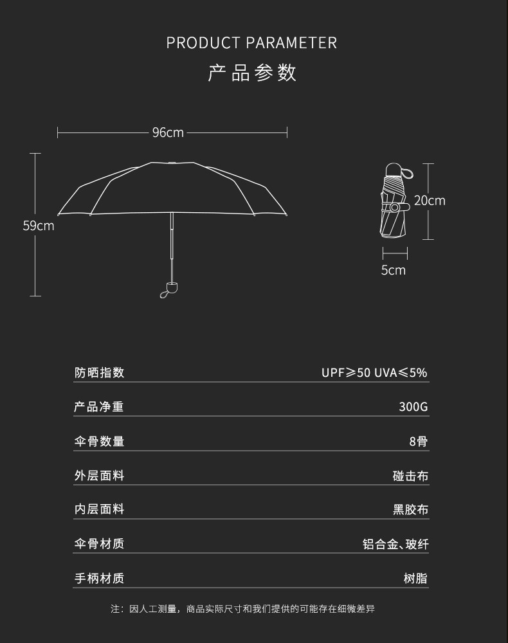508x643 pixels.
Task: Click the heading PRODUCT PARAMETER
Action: click(x=251, y=43)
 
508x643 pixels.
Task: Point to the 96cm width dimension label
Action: click(x=168, y=132)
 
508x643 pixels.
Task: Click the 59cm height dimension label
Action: click(x=39, y=226)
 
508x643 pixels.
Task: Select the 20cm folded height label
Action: click(x=429, y=201)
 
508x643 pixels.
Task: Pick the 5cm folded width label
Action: click(x=393, y=270)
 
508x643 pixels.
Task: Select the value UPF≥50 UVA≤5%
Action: click(x=374, y=373)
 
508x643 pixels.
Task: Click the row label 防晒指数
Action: click(x=99, y=372)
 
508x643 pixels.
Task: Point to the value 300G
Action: click(x=413, y=407)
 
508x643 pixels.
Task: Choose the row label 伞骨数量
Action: click(x=99, y=441)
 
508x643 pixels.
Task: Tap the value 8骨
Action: click(x=418, y=441)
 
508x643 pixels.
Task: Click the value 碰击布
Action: click(x=410, y=476)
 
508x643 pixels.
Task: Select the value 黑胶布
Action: click(x=410, y=510)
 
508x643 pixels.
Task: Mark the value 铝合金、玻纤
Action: click(x=395, y=544)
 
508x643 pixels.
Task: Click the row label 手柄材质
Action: click(x=99, y=578)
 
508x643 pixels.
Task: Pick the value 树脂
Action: click(x=415, y=578)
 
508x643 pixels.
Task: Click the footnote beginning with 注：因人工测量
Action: click(x=251, y=608)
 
